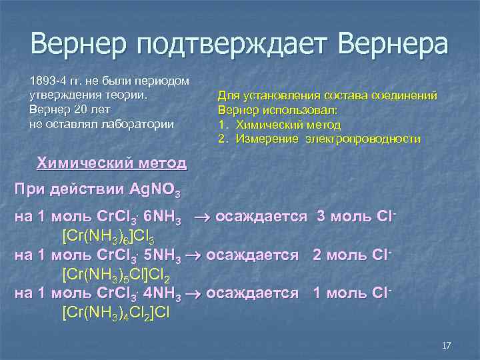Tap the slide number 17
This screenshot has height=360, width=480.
pos(447,345)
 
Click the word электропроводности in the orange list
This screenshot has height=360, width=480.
pos(363,139)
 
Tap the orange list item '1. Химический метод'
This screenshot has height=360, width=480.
pos(279,125)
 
